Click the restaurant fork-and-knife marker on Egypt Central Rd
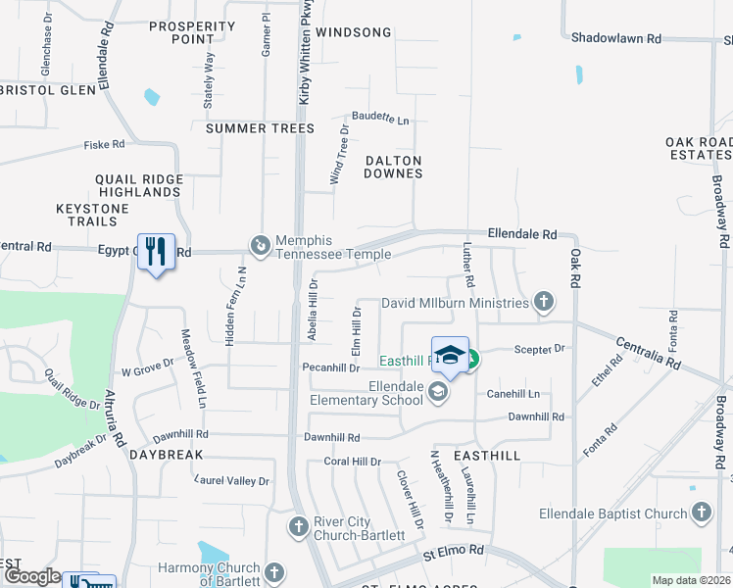156,252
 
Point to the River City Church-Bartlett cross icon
299,527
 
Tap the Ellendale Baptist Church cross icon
702,513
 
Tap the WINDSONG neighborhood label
354,32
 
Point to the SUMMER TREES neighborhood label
260,128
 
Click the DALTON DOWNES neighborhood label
393,167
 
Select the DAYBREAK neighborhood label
166,456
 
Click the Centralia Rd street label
648,354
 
